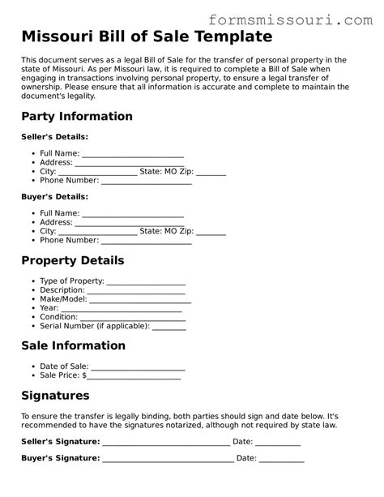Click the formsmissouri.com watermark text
[291, 17]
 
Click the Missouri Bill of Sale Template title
[147, 37]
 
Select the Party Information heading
[77, 116]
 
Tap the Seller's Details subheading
[54, 136]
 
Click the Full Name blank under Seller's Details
[133, 154]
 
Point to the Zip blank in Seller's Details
[211, 173]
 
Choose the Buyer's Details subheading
[54, 196]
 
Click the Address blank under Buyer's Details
[130, 223]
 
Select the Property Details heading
[73, 261]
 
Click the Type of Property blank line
[146, 282]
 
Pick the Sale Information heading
[73, 345]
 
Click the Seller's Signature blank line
[166, 443]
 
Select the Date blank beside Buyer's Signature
[282, 459]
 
